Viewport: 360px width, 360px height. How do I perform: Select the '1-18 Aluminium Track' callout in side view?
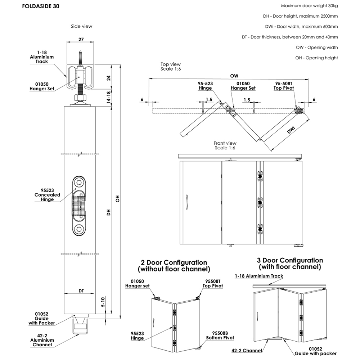click(42, 57)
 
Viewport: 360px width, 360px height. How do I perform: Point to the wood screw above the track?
click(80, 58)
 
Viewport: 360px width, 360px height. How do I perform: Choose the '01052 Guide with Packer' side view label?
click(42, 318)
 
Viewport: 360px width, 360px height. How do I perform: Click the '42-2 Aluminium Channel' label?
click(42, 340)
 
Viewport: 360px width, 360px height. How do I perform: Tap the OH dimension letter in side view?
click(117, 199)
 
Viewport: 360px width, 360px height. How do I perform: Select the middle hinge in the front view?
click(259, 203)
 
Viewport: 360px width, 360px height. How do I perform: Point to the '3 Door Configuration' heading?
click(290, 264)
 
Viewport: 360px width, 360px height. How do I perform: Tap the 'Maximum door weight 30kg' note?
click(309, 6)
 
